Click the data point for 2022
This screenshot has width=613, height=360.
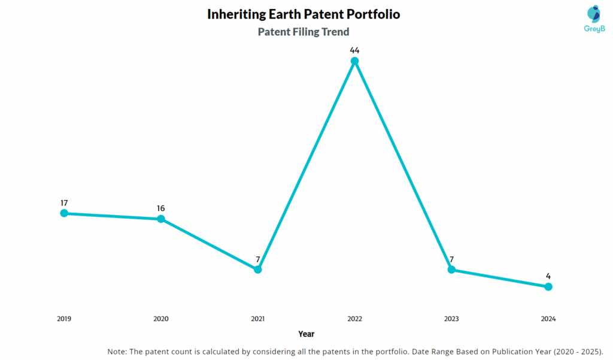(x=354, y=61)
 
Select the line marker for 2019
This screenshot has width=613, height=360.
(x=64, y=213)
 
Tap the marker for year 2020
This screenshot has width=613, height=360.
(x=161, y=219)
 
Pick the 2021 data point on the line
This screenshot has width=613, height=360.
(x=258, y=270)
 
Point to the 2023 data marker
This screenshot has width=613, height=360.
(x=451, y=270)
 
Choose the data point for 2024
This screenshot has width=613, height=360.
(x=548, y=287)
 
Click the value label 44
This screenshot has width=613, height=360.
(x=354, y=50)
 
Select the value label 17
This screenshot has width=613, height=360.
(x=64, y=203)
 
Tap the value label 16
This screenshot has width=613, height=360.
(x=161, y=208)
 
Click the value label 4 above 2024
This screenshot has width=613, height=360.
(x=548, y=276)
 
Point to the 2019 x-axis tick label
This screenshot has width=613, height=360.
(x=64, y=319)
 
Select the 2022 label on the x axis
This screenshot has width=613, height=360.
(x=354, y=319)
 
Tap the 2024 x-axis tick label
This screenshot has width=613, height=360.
(x=548, y=319)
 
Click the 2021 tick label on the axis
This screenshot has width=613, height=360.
(x=258, y=319)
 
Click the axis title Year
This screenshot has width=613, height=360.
(x=306, y=334)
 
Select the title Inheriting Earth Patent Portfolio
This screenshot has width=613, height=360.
(x=304, y=14)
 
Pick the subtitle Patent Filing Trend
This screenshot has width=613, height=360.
(x=304, y=32)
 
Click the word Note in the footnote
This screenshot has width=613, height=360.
(x=117, y=351)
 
